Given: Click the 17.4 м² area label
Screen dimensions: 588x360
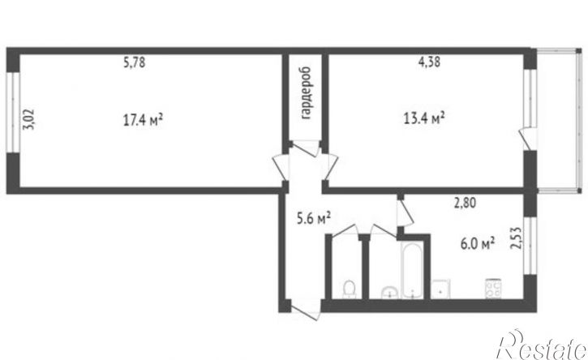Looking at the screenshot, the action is click(x=143, y=120).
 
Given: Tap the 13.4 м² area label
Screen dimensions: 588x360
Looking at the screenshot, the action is click(x=424, y=118).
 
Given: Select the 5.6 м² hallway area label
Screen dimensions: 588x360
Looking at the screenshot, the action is click(x=314, y=218).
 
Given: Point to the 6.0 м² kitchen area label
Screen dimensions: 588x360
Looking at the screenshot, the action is click(x=478, y=244).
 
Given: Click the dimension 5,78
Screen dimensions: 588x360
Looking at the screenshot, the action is click(x=135, y=62).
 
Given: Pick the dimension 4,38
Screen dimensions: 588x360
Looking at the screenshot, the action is click(x=429, y=62).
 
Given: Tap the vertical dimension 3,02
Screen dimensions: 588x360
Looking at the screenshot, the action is click(x=29, y=119).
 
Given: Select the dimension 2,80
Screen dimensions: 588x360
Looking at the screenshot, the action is click(x=465, y=203).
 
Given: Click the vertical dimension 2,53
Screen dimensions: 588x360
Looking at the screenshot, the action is click(x=516, y=238).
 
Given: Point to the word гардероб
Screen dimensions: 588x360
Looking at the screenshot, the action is click(x=306, y=93).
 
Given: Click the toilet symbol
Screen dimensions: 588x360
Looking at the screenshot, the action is click(x=350, y=289).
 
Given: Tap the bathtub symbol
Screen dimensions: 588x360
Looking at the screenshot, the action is click(x=412, y=270).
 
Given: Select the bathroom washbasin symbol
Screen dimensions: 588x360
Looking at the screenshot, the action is click(x=390, y=293).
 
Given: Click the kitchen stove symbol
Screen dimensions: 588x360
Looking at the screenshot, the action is click(x=493, y=289).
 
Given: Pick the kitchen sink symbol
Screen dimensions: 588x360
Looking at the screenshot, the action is click(x=440, y=289).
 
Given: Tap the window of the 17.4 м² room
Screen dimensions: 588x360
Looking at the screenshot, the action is click(x=13, y=113).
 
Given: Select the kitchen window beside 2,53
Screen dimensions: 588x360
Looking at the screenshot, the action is click(x=530, y=246).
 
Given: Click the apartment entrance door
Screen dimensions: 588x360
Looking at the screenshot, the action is click(x=306, y=311).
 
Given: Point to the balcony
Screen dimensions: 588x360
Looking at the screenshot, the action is click(x=559, y=120).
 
